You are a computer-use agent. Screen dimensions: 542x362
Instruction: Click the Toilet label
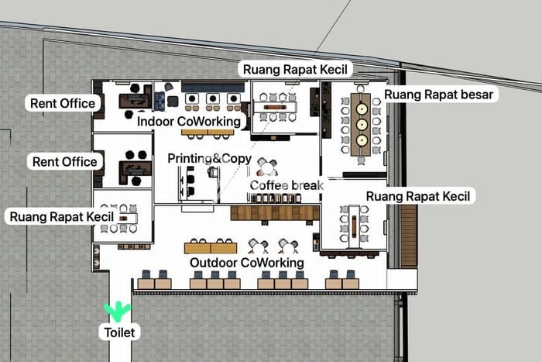coord(119,333)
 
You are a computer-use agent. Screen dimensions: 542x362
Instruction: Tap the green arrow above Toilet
coord(118,310)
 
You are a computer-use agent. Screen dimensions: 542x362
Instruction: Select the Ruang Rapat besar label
coord(439,95)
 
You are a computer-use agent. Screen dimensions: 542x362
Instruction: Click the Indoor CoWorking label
coord(189,122)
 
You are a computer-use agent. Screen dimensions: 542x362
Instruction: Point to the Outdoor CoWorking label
coord(247,263)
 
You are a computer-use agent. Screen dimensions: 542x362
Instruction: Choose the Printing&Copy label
coord(210,158)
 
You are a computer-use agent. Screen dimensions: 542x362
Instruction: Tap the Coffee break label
coord(286,185)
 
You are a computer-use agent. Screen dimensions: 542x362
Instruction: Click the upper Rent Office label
coord(63,103)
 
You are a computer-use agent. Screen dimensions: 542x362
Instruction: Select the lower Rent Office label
coord(64,161)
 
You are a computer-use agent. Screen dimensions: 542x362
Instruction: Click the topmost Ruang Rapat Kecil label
coord(295,69)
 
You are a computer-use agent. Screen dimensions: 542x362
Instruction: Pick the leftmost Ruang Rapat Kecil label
coord(61,217)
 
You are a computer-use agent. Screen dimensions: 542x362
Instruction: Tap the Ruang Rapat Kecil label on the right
coord(418,196)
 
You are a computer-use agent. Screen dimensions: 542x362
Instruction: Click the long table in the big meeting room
coord(361,125)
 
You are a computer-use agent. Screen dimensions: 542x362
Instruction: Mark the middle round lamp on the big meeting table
coord(362,125)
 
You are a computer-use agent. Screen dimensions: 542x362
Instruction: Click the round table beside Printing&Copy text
coord(267,168)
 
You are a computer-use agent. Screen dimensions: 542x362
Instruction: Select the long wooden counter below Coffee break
coord(275,213)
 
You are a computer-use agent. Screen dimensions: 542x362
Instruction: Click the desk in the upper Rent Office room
coord(135,101)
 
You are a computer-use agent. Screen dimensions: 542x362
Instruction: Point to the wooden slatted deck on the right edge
coord(409,236)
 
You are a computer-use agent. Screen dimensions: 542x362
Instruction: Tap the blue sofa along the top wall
coord(213,87)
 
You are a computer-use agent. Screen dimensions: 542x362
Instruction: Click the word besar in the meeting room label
coord(475,95)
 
